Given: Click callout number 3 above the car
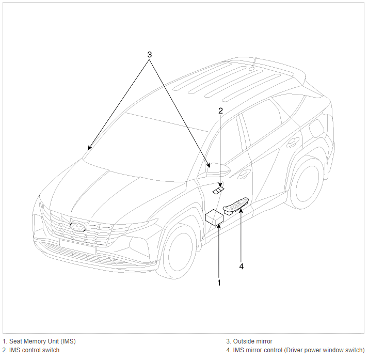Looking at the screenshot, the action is (150, 55).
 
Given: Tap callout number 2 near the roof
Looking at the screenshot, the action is (220, 111).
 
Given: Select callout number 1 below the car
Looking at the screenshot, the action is (219, 283).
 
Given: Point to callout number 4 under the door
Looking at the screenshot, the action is (241, 267).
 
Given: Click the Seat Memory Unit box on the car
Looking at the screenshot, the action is (214, 217).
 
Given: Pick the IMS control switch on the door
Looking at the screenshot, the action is (218, 191).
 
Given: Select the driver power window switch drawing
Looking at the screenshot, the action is (235, 206).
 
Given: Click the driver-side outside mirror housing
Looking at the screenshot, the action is (218, 169).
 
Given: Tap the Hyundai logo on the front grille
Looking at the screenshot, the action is (78, 227).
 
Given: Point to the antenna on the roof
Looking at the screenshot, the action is (253, 63).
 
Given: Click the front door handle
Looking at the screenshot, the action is (244, 173).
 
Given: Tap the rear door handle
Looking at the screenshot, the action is (293, 142).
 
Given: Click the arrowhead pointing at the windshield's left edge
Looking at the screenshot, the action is (89, 148).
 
